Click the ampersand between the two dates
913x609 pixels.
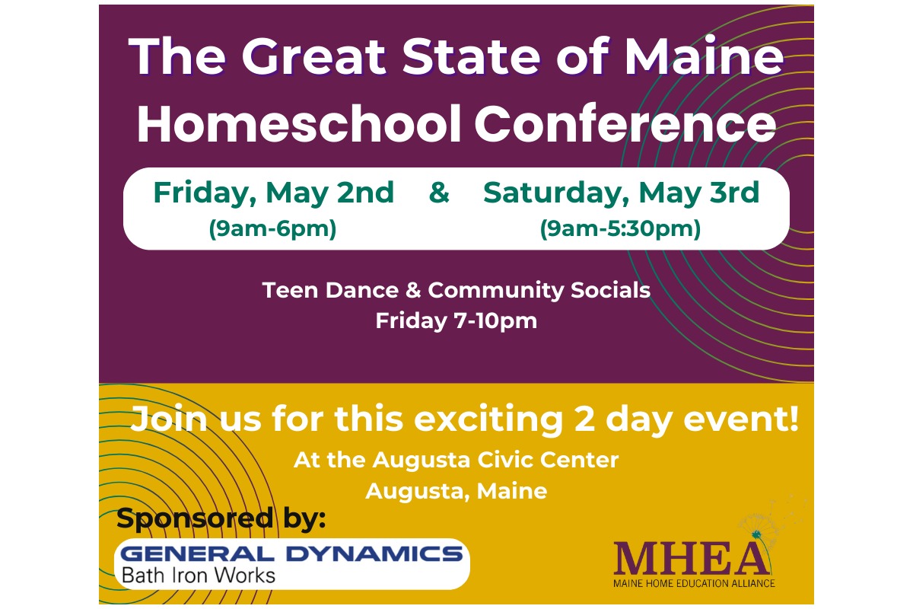(x=439, y=193)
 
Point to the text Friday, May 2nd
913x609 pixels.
(x=274, y=193)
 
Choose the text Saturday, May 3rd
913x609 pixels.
(x=621, y=193)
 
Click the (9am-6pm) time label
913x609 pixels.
(x=272, y=228)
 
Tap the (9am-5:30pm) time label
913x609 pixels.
(x=620, y=228)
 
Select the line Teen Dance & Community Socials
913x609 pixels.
(x=456, y=290)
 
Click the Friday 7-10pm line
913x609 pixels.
(x=456, y=320)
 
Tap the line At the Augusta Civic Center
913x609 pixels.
(x=456, y=460)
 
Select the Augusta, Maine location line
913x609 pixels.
(x=456, y=491)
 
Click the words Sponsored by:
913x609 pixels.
(x=221, y=519)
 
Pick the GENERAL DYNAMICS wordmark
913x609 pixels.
(x=292, y=553)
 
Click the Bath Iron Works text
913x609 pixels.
(x=199, y=575)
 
